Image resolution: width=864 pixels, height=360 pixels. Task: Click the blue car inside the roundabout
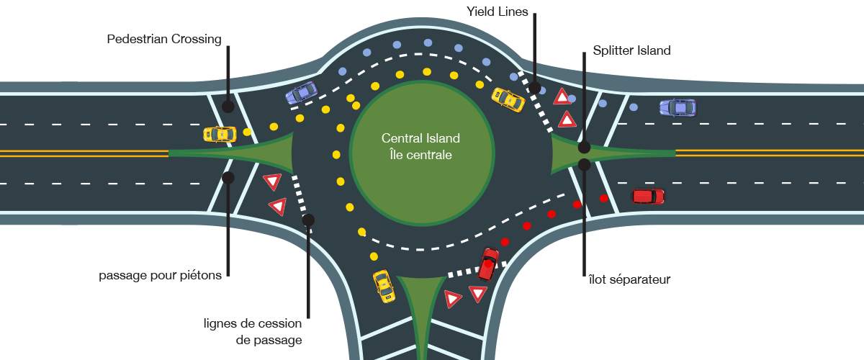pos(301,93)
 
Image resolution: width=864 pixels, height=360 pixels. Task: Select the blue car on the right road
pos(678,108)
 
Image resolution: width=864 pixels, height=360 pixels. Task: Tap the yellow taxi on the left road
pos(220,134)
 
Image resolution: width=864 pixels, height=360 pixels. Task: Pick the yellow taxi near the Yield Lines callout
pos(508,99)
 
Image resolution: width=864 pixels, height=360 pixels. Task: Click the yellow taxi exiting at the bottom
pos(384,287)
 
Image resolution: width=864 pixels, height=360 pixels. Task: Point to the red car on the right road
pos(648,196)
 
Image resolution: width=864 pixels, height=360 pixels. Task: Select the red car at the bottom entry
pos(489,264)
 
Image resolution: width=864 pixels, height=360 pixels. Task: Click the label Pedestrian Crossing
pos(164,39)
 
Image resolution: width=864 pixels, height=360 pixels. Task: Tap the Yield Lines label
pos(497,11)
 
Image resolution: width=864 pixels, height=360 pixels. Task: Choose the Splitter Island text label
pos(631,51)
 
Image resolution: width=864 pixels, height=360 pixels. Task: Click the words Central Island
pos(420,138)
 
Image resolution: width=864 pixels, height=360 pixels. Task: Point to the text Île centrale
pos(420,154)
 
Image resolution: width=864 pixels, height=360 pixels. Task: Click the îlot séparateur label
pos(629,279)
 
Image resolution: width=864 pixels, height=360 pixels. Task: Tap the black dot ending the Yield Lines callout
pos(535,88)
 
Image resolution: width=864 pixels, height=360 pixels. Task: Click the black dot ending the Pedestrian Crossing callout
pos(228,107)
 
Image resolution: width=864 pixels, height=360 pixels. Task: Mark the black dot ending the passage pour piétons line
pos(228,177)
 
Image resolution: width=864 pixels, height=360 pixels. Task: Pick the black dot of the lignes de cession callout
pos(309,220)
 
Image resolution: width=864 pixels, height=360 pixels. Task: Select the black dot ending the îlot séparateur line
pos(585,165)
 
